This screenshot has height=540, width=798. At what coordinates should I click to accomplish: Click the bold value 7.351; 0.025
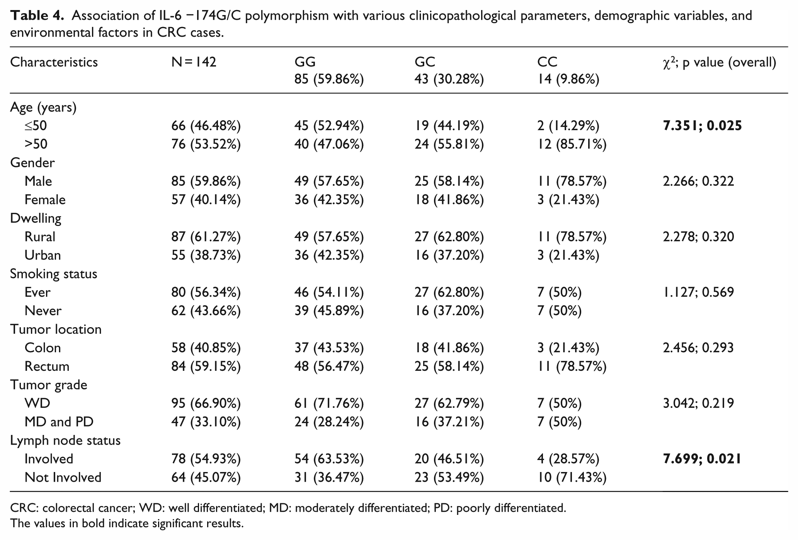click(702, 126)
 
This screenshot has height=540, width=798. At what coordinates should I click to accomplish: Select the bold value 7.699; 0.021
click(702, 459)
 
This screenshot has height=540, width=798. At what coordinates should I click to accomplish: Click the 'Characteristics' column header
click(54, 62)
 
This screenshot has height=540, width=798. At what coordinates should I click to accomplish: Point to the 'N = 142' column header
click(194, 62)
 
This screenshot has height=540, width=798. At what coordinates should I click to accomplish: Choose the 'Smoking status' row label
click(54, 274)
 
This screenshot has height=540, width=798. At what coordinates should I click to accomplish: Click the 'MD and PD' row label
click(59, 422)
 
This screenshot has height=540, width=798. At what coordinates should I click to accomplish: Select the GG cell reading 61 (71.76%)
click(329, 404)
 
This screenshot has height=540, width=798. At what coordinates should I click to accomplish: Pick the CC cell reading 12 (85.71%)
click(572, 144)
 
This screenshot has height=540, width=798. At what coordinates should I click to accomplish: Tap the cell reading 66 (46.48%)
click(206, 126)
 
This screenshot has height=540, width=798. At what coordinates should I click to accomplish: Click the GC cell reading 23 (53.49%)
click(449, 478)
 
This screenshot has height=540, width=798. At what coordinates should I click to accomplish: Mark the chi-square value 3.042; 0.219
click(698, 404)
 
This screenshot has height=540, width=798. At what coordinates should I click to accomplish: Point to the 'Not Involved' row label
click(63, 478)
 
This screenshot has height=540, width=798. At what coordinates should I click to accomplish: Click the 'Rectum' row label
click(47, 367)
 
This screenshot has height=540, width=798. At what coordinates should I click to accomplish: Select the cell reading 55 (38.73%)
click(206, 256)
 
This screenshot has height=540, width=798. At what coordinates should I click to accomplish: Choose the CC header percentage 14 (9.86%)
click(568, 80)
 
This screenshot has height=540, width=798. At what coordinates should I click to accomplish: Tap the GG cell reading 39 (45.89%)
click(329, 311)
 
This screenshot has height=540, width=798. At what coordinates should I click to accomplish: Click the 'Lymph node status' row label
click(65, 441)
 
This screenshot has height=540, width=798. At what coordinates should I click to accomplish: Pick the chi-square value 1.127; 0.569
click(698, 292)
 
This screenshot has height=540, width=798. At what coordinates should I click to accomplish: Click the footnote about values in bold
click(127, 524)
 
